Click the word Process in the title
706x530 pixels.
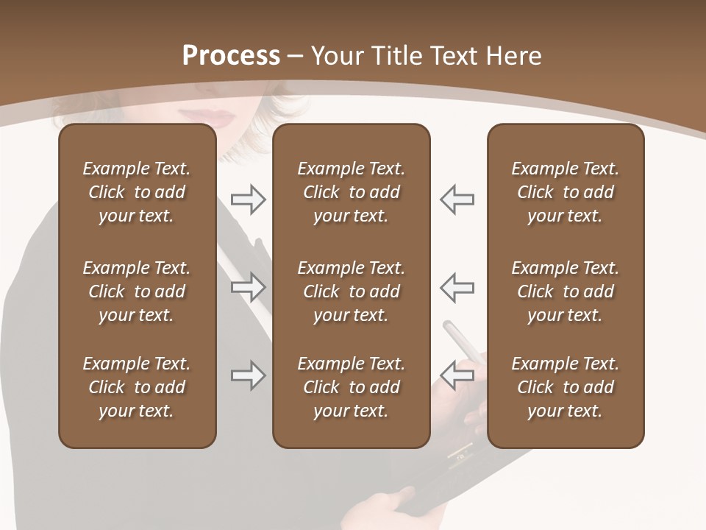click(231, 56)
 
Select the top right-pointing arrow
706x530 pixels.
click(248, 199)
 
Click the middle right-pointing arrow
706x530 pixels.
click(248, 287)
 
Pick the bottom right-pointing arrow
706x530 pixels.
click(248, 375)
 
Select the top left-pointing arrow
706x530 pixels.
click(457, 199)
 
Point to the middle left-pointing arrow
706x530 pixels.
click(457, 287)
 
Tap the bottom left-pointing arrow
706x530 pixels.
click(457, 375)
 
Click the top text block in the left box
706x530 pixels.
click(137, 192)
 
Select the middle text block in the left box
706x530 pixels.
click(137, 291)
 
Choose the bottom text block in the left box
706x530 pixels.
click(137, 387)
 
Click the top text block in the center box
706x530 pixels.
click(351, 192)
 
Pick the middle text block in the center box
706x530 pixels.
click(351, 291)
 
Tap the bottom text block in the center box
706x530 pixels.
click(351, 387)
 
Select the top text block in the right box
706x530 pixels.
click(565, 192)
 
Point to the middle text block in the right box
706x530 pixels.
click(565, 291)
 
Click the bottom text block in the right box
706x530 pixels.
click(565, 387)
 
